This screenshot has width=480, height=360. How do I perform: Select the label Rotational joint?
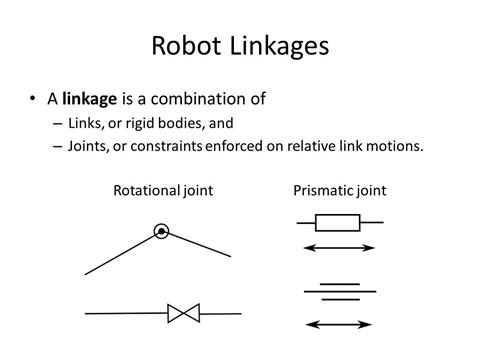[x=163, y=190]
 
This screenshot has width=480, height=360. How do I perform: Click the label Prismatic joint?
[x=340, y=190]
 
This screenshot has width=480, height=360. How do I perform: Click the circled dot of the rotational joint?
[x=161, y=232]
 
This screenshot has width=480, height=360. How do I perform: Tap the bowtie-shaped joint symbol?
[x=184, y=313]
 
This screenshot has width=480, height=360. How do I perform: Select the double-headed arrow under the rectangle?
[x=337, y=247]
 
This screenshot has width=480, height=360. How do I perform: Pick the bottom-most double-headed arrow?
[x=337, y=324]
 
